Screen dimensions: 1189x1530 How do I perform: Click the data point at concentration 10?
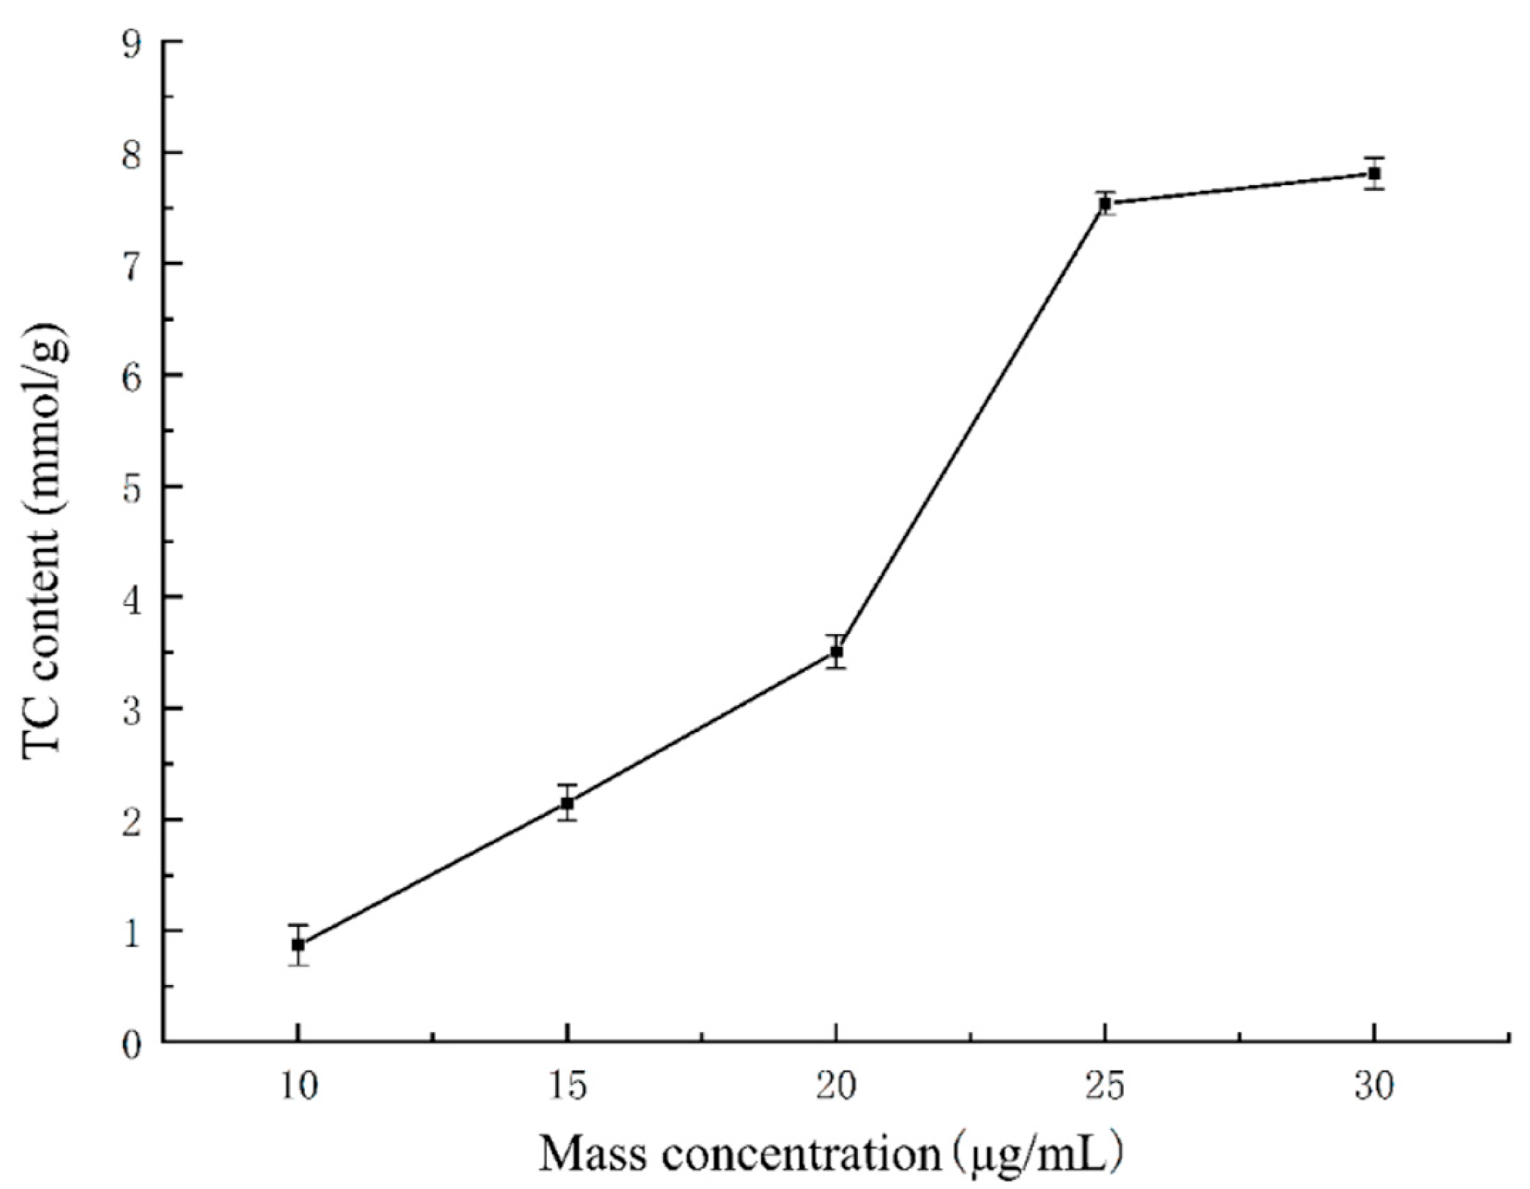pyautogui.click(x=298, y=944)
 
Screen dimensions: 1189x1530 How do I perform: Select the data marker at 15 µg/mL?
pyautogui.click(x=567, y=803)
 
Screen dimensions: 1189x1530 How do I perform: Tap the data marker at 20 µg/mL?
pyautogui.click(x=836, y=651)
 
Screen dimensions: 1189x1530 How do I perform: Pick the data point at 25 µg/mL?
pyautogui.click(x=1106, y=203)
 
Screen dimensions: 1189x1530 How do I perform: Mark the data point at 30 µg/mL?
pyautogui.click(x=1374, y=174)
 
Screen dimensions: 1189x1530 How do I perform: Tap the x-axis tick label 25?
pyautogui.click(x=1106, y=1087)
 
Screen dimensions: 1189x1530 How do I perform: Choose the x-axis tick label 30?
pyautogui.click(x=1374, y=1087)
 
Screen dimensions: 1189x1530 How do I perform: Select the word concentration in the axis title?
pyautogui.click(x=799, y=1154)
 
